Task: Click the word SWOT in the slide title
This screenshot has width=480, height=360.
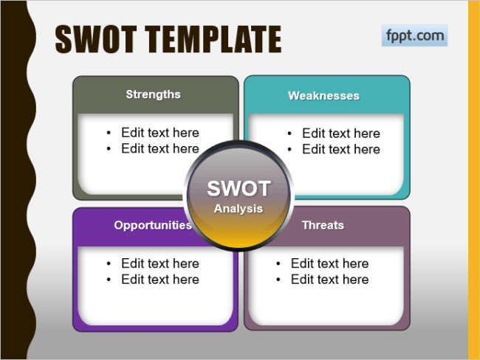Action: point(96,39)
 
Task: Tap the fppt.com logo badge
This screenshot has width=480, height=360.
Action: point(414,35)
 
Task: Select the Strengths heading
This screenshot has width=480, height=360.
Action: point(153,94)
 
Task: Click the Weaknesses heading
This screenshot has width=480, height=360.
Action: point(323,96)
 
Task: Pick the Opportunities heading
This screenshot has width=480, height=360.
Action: point(153,225)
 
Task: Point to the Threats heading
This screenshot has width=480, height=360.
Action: point(323,225)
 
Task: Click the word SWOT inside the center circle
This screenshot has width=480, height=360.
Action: point(239,188)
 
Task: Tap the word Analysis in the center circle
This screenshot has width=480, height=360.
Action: point(239,208)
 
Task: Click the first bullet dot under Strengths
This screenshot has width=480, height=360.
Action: point(109,133)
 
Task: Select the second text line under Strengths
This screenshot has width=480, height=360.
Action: point(160,149)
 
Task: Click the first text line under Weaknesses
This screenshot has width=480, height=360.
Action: point(341,134)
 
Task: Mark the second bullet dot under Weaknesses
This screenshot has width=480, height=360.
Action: point(289,150)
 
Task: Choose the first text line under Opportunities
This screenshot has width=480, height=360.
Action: point(160,263)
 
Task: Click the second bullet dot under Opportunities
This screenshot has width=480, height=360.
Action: point(109,280)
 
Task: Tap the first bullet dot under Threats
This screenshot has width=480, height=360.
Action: point(278,263)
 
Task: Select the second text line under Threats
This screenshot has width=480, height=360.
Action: point(329,280)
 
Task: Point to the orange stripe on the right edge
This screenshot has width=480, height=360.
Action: point(474,180)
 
